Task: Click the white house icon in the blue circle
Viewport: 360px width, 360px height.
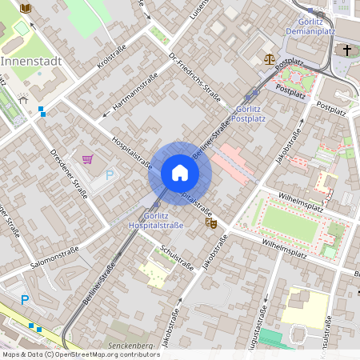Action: pos(180,172)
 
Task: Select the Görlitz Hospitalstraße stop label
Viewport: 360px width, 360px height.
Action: pos(156,221)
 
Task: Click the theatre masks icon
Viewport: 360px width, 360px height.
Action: pos(211,223)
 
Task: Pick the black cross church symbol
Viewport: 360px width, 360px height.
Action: pos(347,51)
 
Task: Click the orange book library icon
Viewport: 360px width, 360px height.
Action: pos(26,8)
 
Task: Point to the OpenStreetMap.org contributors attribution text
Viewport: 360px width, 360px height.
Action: pos(106,354)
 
